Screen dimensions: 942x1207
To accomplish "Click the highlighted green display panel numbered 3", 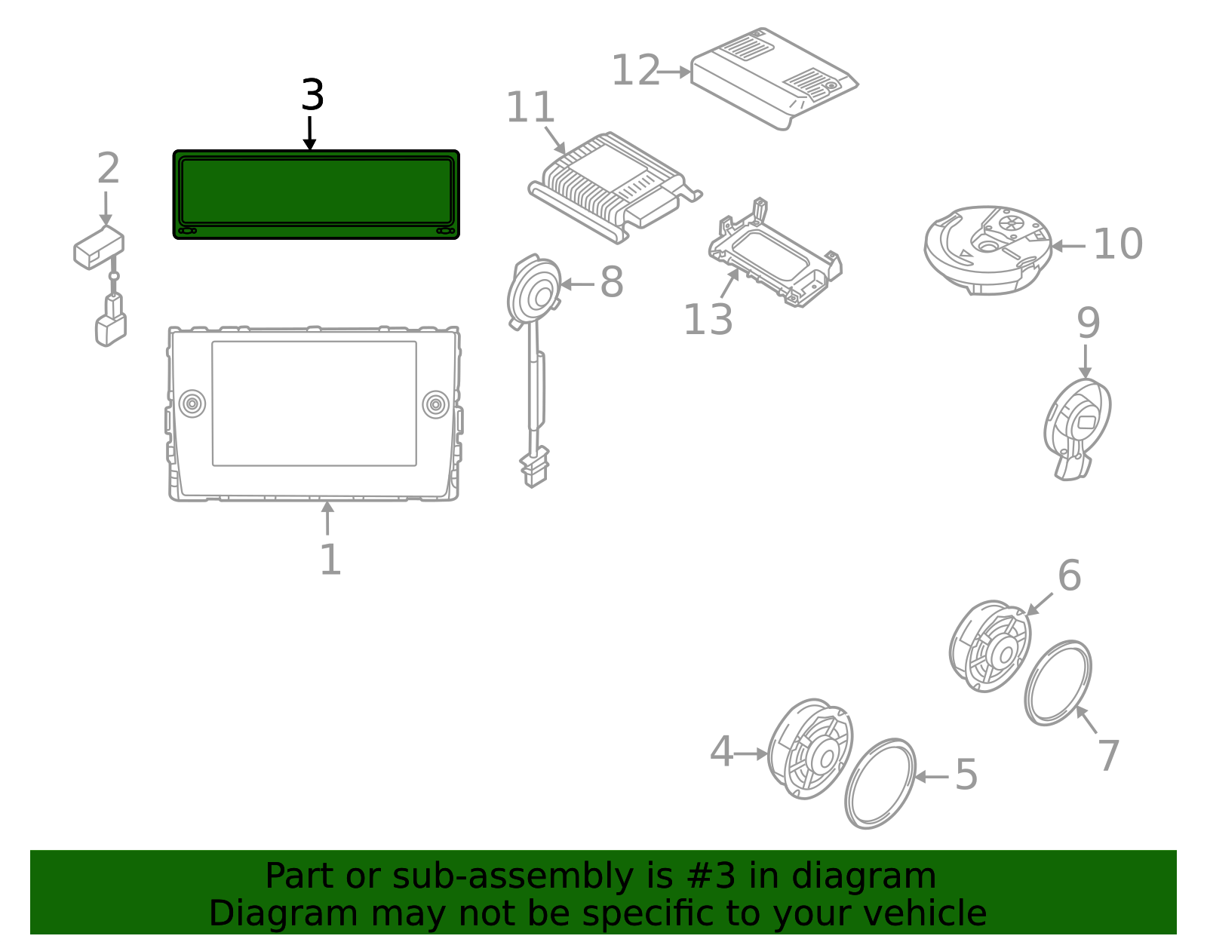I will pyautogui.click(x=316, y=194).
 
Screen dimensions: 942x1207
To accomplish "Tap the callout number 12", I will pyautogui.click(x=635, y=71).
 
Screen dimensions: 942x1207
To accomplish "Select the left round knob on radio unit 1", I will pyautogui.click(x=192, y=403).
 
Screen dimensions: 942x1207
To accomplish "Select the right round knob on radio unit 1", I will pyautogui.click(x=435, y=403).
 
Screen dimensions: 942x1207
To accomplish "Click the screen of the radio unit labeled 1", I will pyautogui.click(x=314, y=403).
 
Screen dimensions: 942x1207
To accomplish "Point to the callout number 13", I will pyautogui.click(x=708, y=320).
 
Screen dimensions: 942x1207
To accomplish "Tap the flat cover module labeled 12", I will pyautogui.click(x=773, y=75).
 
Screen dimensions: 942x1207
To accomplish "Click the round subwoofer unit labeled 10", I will pyautogui.click(x=987, y=249).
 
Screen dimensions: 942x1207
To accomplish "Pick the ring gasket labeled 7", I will pyautogui.click(x=1058, y=683).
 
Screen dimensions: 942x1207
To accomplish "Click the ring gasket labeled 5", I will pyautogui.click(x=880, y=783).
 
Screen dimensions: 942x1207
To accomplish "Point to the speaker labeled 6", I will pyautogui.click(x=990, y=646).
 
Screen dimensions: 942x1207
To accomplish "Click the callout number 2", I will pyautogui.click(x=108, y=169).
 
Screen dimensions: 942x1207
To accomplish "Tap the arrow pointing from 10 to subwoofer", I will pyautogui.click(x=1067, y=246).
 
